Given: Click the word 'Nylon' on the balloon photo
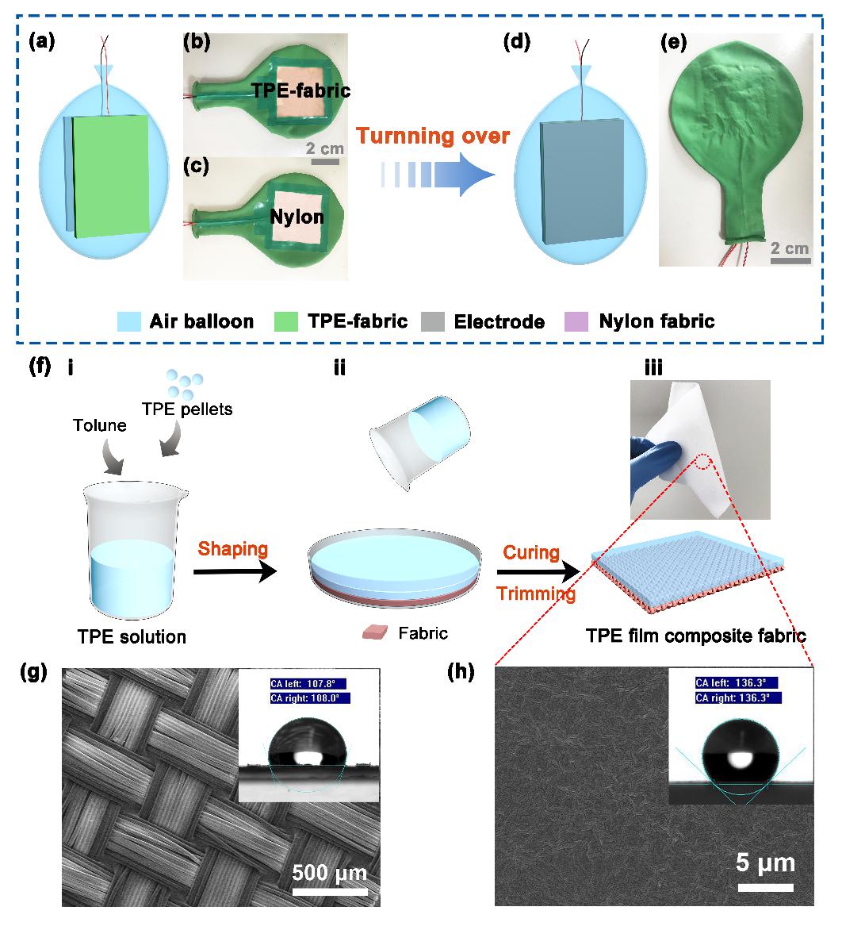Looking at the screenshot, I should pyautogui.click(x=300, y=216).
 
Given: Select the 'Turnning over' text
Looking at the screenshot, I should pyautogui.click(x=431, y=136).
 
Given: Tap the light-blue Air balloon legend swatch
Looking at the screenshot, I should pyautogui.click(x=132, y=321).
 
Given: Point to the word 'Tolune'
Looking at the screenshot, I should pyautogui.click(x=99, y=425).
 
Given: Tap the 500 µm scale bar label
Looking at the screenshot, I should pyautogui.click(x=329, y=874).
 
